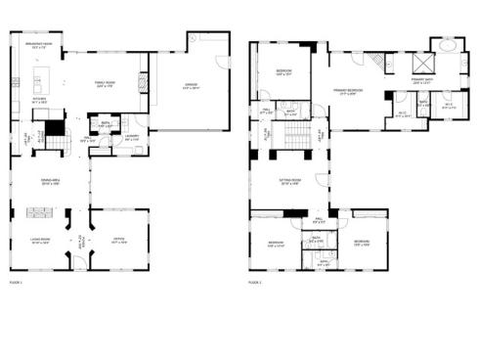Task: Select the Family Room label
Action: (x=105, y=84)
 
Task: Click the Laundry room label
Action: (x=132, y=137)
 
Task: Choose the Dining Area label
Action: (x=51, y=183)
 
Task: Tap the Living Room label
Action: (x=40, y=242)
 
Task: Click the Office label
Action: (x=119, y=242)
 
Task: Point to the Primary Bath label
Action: (x=421, y=81)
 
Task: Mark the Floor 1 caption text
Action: (x=16, y=282)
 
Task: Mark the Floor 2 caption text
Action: (x=255, y=282)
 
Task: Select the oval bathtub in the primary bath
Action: (x=446, y=45)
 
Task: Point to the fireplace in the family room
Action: (x=148, y=80)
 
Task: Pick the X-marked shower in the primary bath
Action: (x=421, y=58)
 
